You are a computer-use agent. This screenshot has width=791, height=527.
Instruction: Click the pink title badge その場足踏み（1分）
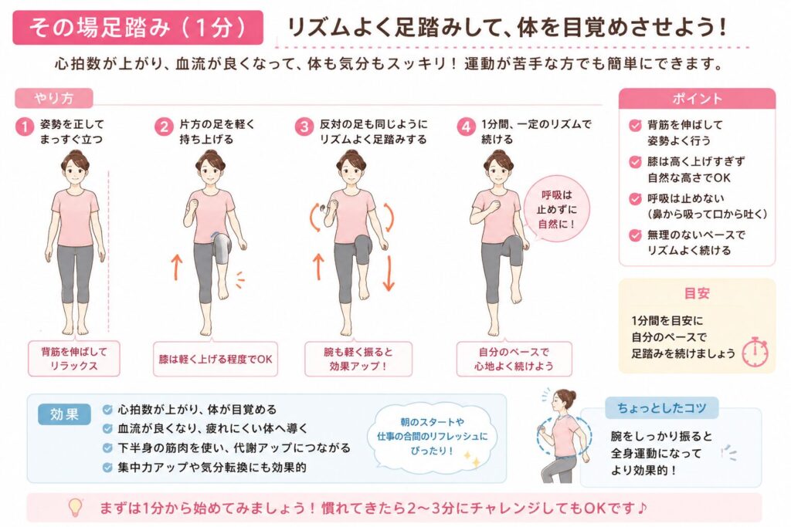click(x=137, y=27)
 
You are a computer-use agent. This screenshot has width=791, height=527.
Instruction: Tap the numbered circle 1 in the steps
click(x=24, y=127)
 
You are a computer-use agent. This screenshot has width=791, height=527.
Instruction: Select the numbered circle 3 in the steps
click(x=304, y=127)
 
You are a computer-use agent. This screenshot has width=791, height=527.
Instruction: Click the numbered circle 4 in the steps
click(x=466, y=127)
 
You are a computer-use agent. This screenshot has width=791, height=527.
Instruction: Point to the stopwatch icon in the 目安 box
click(x=755, y=351)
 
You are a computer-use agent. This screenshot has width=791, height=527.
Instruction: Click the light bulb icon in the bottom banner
click(x=75, y=507)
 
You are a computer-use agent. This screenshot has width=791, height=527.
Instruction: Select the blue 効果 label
click(x=64, y=414)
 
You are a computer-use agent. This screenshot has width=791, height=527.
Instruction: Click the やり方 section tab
click(x=54, y=98)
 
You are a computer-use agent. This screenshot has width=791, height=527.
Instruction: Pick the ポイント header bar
click(x=697, y=99)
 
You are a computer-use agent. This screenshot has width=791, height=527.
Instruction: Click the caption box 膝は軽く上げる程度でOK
click(x=216, y=359)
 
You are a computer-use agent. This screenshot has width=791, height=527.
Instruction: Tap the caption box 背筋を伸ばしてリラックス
click(x=73, y=359)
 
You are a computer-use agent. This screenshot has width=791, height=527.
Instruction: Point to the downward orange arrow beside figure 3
click(x=389, y=273)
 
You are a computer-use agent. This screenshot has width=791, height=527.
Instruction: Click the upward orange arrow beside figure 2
click(x=177, y=267)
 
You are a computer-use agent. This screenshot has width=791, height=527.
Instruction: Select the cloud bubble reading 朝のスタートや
click(x=433, y=436)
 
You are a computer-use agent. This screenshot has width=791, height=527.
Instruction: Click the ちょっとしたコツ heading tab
click(x=661, y=407)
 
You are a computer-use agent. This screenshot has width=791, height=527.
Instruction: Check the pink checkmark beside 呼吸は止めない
click(x=635, y=198)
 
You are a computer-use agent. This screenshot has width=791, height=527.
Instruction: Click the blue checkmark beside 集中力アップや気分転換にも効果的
click(x=107, y=467)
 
